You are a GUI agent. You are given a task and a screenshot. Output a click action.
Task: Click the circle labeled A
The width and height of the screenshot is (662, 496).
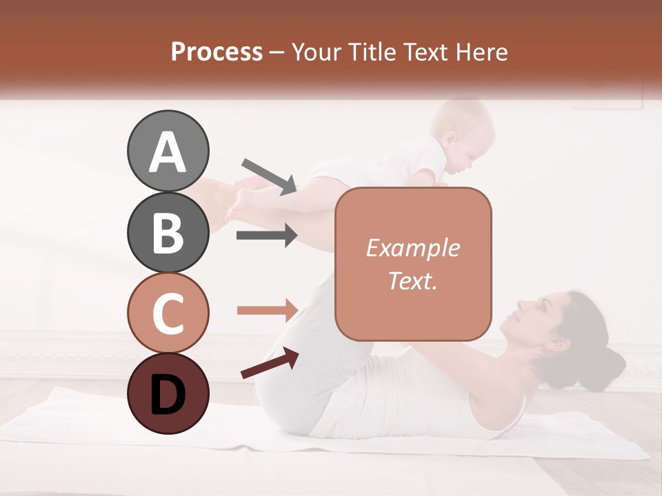(x=168, y=152)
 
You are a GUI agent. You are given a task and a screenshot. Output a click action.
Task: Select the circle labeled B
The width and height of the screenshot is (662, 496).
(x=168, y=232)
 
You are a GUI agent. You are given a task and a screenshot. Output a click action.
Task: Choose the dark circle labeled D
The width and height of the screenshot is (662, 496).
(x=168, y=394)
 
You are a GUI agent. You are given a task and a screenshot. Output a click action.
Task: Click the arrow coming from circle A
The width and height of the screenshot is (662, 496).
(x=269, y=176)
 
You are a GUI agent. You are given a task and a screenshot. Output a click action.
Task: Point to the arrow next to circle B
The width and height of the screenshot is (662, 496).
(x=267, y=236)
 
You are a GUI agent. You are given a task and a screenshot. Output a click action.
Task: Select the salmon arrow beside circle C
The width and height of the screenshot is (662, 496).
(x=267, y=310)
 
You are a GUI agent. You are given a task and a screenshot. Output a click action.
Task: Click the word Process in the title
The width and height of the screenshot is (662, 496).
(x=217, y=52)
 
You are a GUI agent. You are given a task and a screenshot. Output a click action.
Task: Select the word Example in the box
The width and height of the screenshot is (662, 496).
(x=413, y=249)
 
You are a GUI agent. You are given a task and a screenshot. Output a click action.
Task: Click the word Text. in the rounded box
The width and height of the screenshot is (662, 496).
(x=413, y=280)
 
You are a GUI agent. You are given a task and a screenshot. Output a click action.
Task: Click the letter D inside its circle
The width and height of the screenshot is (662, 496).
(x=168, y=394)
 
